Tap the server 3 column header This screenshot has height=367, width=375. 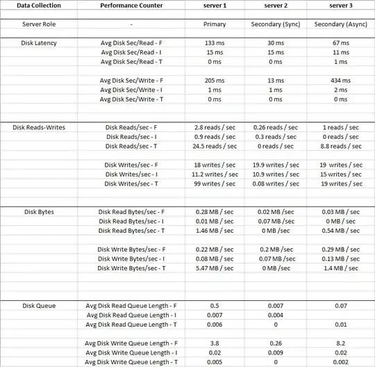coord(340,6)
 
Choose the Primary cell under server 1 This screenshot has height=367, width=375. coord(215,24)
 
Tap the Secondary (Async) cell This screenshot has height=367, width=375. coord(340,24)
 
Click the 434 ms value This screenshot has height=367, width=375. coord(340,80)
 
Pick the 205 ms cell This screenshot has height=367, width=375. coord(215,80)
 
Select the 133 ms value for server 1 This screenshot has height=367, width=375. coord(215,42)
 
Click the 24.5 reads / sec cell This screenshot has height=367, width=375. coord(215,146)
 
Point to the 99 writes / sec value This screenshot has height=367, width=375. coord(215,183)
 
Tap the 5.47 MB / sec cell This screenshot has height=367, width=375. coord(215,268)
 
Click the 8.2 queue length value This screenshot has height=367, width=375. coord(340,343)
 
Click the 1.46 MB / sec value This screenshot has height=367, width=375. coord(215,230)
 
